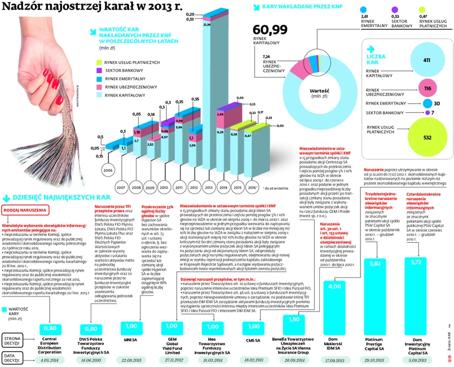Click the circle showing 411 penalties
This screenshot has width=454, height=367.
(x=426, y=61)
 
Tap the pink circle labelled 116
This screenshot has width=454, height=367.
(x=427, y=89)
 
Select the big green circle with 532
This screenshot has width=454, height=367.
(x=426, y=137)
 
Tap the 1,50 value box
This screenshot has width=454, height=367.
(x=294, y=319)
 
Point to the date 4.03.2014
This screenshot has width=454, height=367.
(x=50, y=359)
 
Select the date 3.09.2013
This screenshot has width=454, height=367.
(x=416, y=359)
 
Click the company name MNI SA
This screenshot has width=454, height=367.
(x=130, y=340)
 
